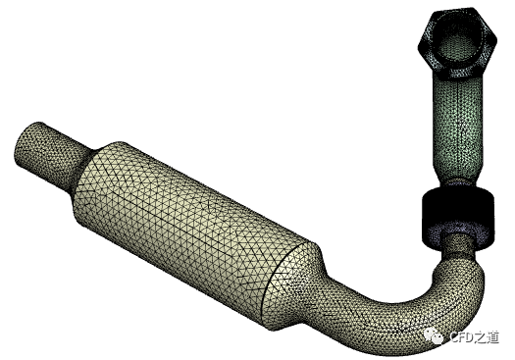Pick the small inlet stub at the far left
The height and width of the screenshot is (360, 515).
point(49,153)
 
